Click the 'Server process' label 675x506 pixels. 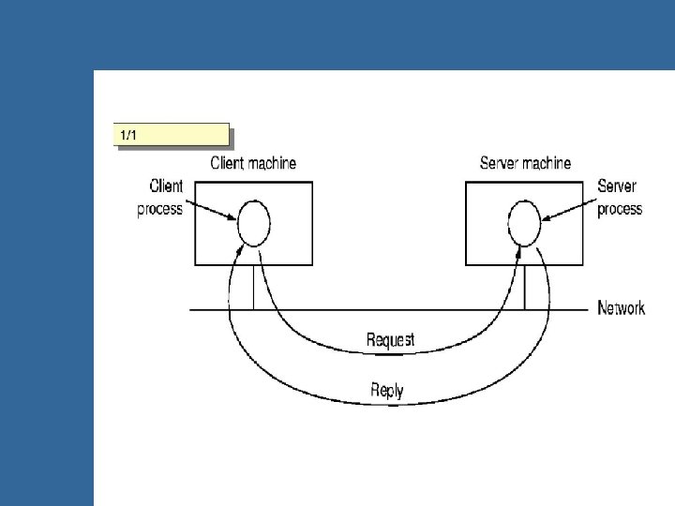tap(620, 199)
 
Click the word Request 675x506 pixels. tap(390, 338)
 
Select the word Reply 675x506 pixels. tap(387, 389)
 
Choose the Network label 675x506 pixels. tap(622, 307)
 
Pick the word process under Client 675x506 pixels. tap(159, 209)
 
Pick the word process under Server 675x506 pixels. tap(620, 208)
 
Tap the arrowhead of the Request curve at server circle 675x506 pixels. tap(517, 250)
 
